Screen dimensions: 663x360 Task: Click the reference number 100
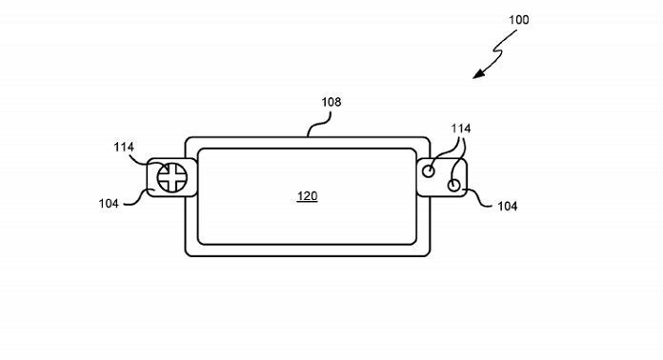click(x=518, y=20)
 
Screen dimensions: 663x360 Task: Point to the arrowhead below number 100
click(x=478, y=74)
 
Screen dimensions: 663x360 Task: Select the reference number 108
click(x=331, y=102)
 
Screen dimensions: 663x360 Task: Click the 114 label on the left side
click(x=124, y=147)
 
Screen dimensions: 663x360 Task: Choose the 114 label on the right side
click(x=460, y=129)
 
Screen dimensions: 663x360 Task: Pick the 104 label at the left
click(x=109, y=204)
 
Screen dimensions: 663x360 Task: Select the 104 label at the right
click(x=508, y=207)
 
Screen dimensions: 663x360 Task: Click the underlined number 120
click(x=308, y=196)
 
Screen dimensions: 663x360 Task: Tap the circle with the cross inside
click(x=172, y=177)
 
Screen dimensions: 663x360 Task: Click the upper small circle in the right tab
click(x=429, y=171)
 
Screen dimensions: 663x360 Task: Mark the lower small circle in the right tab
click(x=453, y=185)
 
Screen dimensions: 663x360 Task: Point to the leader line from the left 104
click(x=136, y=200)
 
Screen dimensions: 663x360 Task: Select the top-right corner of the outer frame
click(x=430, y=138)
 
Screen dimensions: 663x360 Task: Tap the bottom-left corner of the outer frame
click(x=186, y=255)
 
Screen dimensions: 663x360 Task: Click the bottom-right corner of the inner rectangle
click(x=415, y=244)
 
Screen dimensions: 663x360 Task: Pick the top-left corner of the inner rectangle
click(x=198, y=150)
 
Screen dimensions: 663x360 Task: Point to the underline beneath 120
click(x=308, y=202)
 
